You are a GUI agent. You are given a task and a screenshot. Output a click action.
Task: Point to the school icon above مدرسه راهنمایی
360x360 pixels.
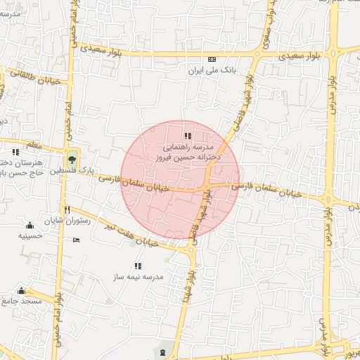[187, 136]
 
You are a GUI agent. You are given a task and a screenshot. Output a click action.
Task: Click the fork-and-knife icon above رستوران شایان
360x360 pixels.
[67, 210]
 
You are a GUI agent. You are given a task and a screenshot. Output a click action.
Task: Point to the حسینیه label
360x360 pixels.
[30, 237]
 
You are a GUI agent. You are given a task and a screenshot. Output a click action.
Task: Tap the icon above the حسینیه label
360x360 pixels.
[30, 225]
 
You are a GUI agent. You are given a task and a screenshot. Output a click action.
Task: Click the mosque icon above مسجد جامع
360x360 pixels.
[21, 290]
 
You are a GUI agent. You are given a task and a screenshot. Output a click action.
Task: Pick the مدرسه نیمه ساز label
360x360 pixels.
[137, 277]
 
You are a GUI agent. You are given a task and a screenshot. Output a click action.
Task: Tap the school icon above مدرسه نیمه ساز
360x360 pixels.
[138, 266]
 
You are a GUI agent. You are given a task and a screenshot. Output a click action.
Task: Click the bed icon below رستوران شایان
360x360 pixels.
[77, 241]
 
